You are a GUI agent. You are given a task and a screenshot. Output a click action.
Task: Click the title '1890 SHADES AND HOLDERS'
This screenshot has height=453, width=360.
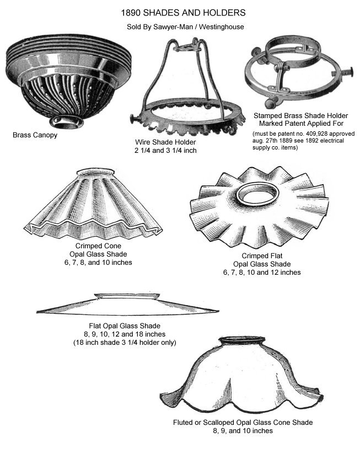point(183,13)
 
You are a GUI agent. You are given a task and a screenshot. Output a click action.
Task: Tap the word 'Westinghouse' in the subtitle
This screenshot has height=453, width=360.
point(222,27)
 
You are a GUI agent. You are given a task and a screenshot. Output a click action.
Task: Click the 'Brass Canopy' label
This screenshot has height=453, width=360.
point(35,135)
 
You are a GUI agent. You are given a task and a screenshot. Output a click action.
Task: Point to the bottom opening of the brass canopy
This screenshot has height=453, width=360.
point(66,121)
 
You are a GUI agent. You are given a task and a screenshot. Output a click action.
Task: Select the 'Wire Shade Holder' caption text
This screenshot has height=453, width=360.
point(165,142)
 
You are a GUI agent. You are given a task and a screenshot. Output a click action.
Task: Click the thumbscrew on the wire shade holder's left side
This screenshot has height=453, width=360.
point(135,118)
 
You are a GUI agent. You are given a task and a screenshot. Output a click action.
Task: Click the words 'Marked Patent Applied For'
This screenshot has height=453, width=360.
point(301,124)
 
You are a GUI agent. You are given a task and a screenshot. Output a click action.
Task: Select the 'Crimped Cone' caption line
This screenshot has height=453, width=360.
point(98,246)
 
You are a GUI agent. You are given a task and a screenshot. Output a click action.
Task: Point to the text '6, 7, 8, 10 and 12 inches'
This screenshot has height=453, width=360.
point(262,273)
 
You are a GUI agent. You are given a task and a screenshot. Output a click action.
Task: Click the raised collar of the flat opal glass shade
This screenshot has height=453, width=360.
point(127,296)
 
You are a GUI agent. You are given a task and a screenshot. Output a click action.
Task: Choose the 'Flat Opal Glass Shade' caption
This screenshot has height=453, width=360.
point(125,326)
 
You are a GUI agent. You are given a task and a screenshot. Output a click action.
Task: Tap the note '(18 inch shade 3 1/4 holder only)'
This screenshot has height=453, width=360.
point(125,343)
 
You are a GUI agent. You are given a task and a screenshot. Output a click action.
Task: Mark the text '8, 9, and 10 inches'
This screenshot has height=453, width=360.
point(243,431)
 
